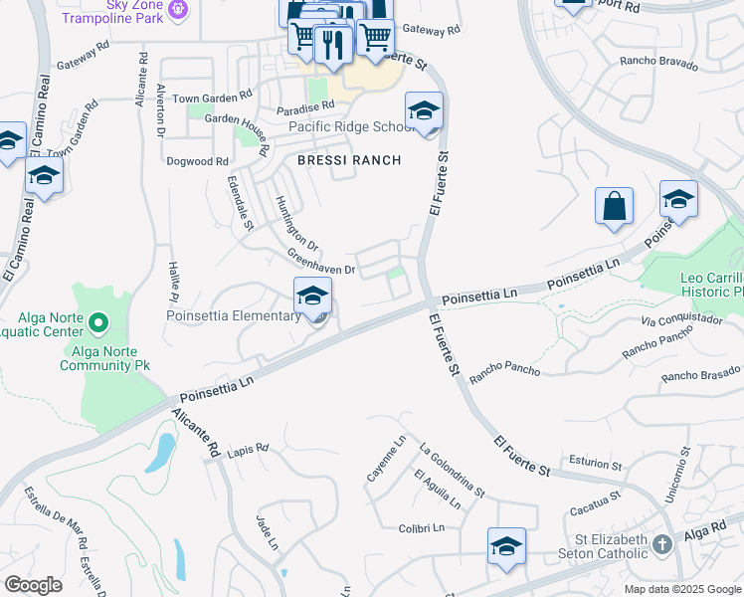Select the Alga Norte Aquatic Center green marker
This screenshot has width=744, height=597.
[x=98, y=322]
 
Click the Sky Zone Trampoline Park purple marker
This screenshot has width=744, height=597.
[x=178, y=9]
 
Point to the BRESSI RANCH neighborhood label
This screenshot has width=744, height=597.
[x=350, y=160]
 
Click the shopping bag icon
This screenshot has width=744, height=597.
[x=614, y=207]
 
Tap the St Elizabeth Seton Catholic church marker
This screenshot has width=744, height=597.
[x=661, y=544]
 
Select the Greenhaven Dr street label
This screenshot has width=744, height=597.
[x=321, y=263]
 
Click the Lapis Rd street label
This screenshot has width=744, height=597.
[x=249, y=450]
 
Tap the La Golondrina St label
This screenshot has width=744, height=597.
[x=452, y=470]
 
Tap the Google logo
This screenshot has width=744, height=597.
[x=33, y=585]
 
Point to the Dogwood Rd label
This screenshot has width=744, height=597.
[x=198, y=161]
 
